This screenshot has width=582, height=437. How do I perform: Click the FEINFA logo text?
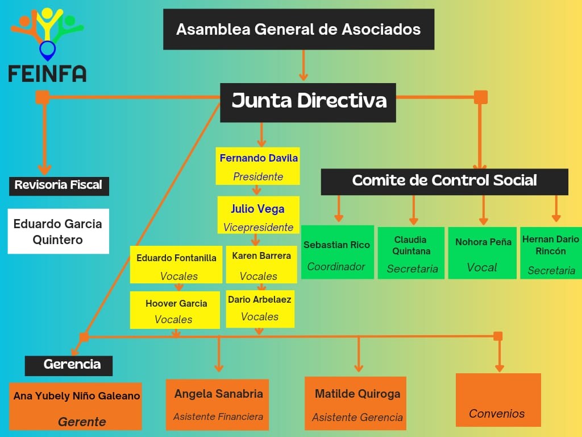coord(48,73)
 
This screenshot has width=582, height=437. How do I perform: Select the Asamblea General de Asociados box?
coord(299,30)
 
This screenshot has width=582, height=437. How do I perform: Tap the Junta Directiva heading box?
coord(308,102)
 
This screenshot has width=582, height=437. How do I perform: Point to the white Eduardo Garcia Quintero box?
coord(59,231)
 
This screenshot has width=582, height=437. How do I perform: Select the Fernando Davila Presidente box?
coord(258,166)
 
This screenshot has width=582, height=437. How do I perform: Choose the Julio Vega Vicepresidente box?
coord(259,215)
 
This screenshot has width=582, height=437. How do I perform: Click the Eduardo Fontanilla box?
coord(176,265)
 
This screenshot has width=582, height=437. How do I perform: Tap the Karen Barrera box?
coord(261,265)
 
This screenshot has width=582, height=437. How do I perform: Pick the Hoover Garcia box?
coord(175,310)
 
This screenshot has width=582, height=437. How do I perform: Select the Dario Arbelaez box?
coord(260,309)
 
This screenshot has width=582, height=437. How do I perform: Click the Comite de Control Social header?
coord(444,182)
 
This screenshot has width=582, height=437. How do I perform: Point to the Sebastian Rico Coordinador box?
coord(338,252)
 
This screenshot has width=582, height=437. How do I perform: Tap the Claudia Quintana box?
coord(411,253)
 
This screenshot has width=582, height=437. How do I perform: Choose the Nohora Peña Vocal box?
coord(483,253)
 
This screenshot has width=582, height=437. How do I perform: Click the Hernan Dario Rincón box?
coord(551,253)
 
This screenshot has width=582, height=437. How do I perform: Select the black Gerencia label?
coord(69,366)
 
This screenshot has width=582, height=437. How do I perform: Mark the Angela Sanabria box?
coord(218,405)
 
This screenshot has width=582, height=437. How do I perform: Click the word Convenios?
coord(497,414)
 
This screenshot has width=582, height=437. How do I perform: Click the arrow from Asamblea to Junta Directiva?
coord(304,65)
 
